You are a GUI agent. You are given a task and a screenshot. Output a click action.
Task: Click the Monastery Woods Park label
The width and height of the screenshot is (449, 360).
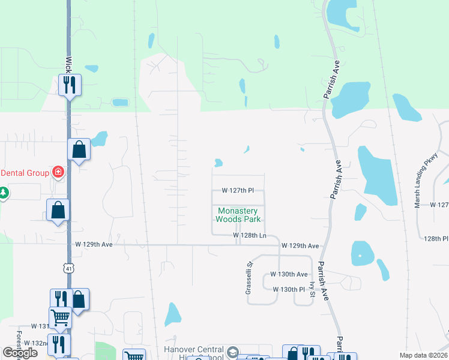(x=238, y=215)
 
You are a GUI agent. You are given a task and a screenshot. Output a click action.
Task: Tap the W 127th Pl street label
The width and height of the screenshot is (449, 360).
(x=238, y=190)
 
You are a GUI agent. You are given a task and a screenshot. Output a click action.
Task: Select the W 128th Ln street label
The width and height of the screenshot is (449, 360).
(x=249, y=236)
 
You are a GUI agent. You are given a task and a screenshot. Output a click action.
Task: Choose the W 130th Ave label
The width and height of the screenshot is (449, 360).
(x=289, y=274)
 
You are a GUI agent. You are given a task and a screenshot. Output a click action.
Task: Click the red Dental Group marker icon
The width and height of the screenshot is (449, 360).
(x=58, y=173)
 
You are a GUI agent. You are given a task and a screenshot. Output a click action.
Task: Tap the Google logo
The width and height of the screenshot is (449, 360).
(x=20, y=353)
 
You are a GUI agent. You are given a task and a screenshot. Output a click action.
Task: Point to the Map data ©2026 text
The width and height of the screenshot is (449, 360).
(x=423, y=355)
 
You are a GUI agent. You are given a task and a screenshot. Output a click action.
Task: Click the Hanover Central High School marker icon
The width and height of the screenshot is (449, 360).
(x=233, y=351)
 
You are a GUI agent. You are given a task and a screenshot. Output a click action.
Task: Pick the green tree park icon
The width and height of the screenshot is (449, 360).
(x=4, y=193)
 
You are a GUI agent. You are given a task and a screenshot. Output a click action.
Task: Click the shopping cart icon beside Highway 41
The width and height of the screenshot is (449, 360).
(x=61, y=317)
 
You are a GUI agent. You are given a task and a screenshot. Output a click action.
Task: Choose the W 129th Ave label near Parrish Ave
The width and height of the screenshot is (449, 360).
(x=300, y=246)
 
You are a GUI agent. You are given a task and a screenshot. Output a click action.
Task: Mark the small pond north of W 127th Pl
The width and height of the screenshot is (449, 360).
(x=218, y=163)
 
